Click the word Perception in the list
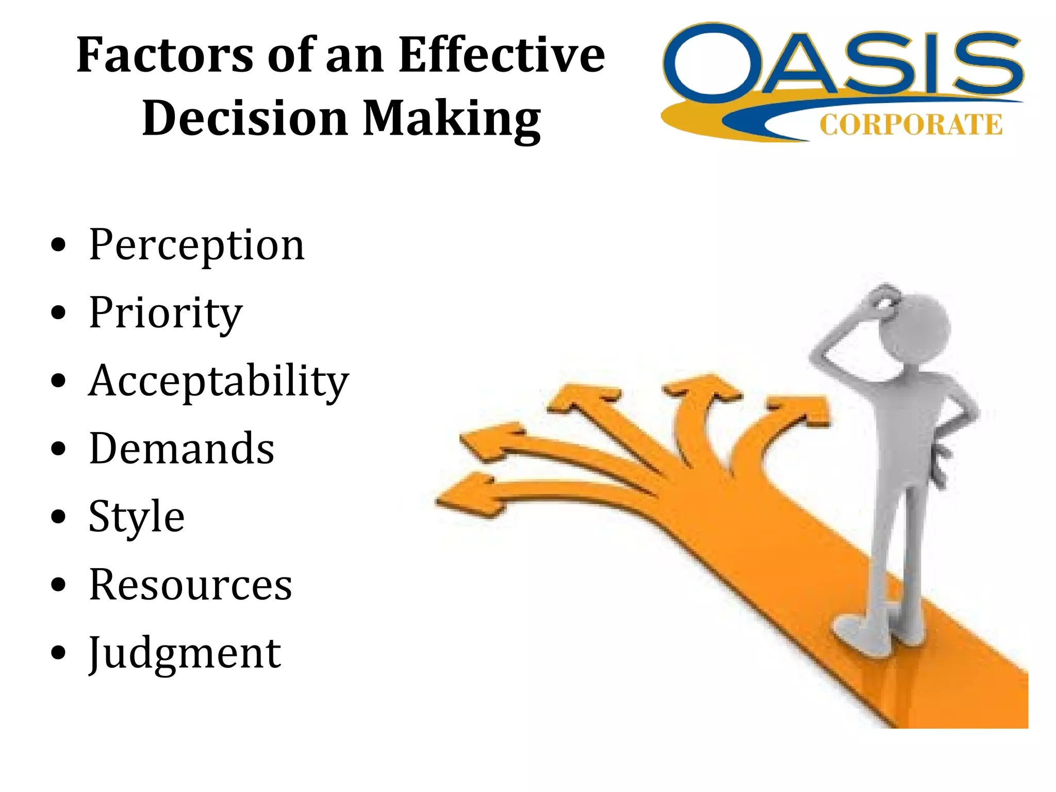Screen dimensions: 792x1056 (196, 245)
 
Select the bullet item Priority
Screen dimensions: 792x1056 (165, 313)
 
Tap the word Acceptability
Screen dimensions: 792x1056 (219, 382)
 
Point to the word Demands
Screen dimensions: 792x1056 (181, 449)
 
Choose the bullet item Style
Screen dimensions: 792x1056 (136, 517)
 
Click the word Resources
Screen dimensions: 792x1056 (190, 585)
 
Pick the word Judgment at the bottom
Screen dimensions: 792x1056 (185, 653)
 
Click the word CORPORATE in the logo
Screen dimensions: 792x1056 (911, 125)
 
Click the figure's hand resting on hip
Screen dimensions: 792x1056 (942, 459)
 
